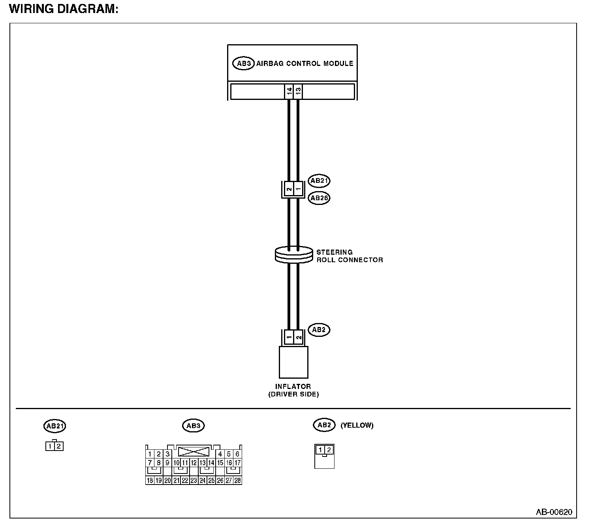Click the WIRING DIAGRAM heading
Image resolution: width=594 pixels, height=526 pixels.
63,9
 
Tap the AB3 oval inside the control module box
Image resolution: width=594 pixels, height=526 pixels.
243,63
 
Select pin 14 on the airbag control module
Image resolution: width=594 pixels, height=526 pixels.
289,91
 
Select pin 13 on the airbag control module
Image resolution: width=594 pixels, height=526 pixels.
298,91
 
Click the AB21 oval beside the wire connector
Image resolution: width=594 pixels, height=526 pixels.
319,181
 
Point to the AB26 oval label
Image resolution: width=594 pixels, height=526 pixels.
319,198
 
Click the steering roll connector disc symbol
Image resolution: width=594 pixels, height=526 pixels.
293,254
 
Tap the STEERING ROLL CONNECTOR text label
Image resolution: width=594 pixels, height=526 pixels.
349,256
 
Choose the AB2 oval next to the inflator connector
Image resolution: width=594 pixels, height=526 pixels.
318,330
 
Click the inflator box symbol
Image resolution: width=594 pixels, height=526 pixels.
293,362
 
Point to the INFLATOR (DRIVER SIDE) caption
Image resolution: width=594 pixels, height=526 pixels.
293,390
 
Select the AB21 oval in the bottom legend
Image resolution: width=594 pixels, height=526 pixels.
55,426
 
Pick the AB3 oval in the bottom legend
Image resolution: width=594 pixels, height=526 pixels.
194,426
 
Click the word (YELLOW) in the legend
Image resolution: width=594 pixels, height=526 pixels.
357,425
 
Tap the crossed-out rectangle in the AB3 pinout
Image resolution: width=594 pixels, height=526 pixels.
194,451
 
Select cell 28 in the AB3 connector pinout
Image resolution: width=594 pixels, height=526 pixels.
237,480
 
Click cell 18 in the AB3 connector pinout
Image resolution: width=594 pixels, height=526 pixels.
150,480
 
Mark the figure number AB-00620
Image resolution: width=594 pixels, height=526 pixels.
554,512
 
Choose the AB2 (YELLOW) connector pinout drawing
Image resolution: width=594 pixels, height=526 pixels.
324,456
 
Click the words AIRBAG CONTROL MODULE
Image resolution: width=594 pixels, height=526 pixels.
305,63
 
